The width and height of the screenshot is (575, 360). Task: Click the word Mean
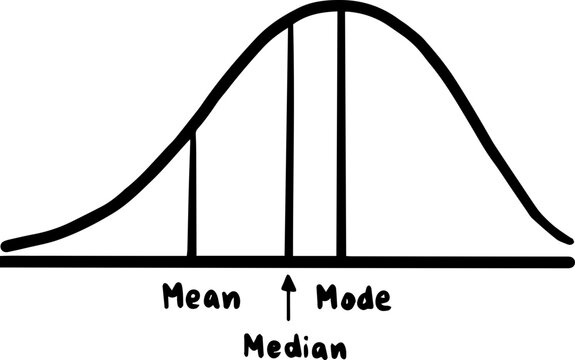point(201,298)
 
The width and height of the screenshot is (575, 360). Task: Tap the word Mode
point(353,298)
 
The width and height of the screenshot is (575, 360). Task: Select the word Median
point(296,346)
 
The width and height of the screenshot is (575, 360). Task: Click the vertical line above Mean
point(193,195)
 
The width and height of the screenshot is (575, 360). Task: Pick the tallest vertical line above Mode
point(341,130)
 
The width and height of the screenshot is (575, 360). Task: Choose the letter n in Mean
point(231,299)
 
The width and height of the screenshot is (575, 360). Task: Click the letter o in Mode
point(346,299)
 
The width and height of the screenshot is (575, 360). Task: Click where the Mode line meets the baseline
point(341,260)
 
